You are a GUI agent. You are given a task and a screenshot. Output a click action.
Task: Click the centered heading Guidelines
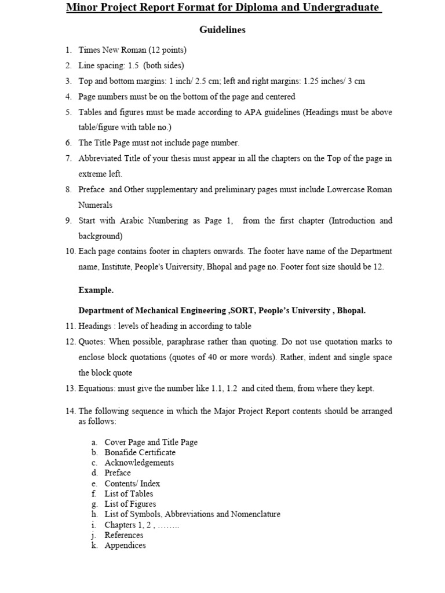click(222, 30)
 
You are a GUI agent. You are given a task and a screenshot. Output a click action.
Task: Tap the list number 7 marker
click(68, 158)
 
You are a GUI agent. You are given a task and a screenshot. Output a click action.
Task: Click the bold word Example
click(96, 290)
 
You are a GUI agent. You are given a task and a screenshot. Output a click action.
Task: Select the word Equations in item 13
click(96, 389)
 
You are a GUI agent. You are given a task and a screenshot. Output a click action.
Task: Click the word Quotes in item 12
click(92, 342)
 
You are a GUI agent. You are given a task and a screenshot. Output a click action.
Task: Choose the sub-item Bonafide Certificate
click(140, 452)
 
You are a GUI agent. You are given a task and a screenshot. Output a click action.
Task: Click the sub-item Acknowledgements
click(139, 463)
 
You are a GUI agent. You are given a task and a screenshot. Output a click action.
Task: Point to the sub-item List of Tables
click(129, 493)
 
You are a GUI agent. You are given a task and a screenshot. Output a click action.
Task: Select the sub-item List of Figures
click(130, 504)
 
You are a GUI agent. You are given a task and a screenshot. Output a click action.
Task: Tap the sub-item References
click(123, 535)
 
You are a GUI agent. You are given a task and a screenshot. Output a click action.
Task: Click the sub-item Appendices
click(125, 546)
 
